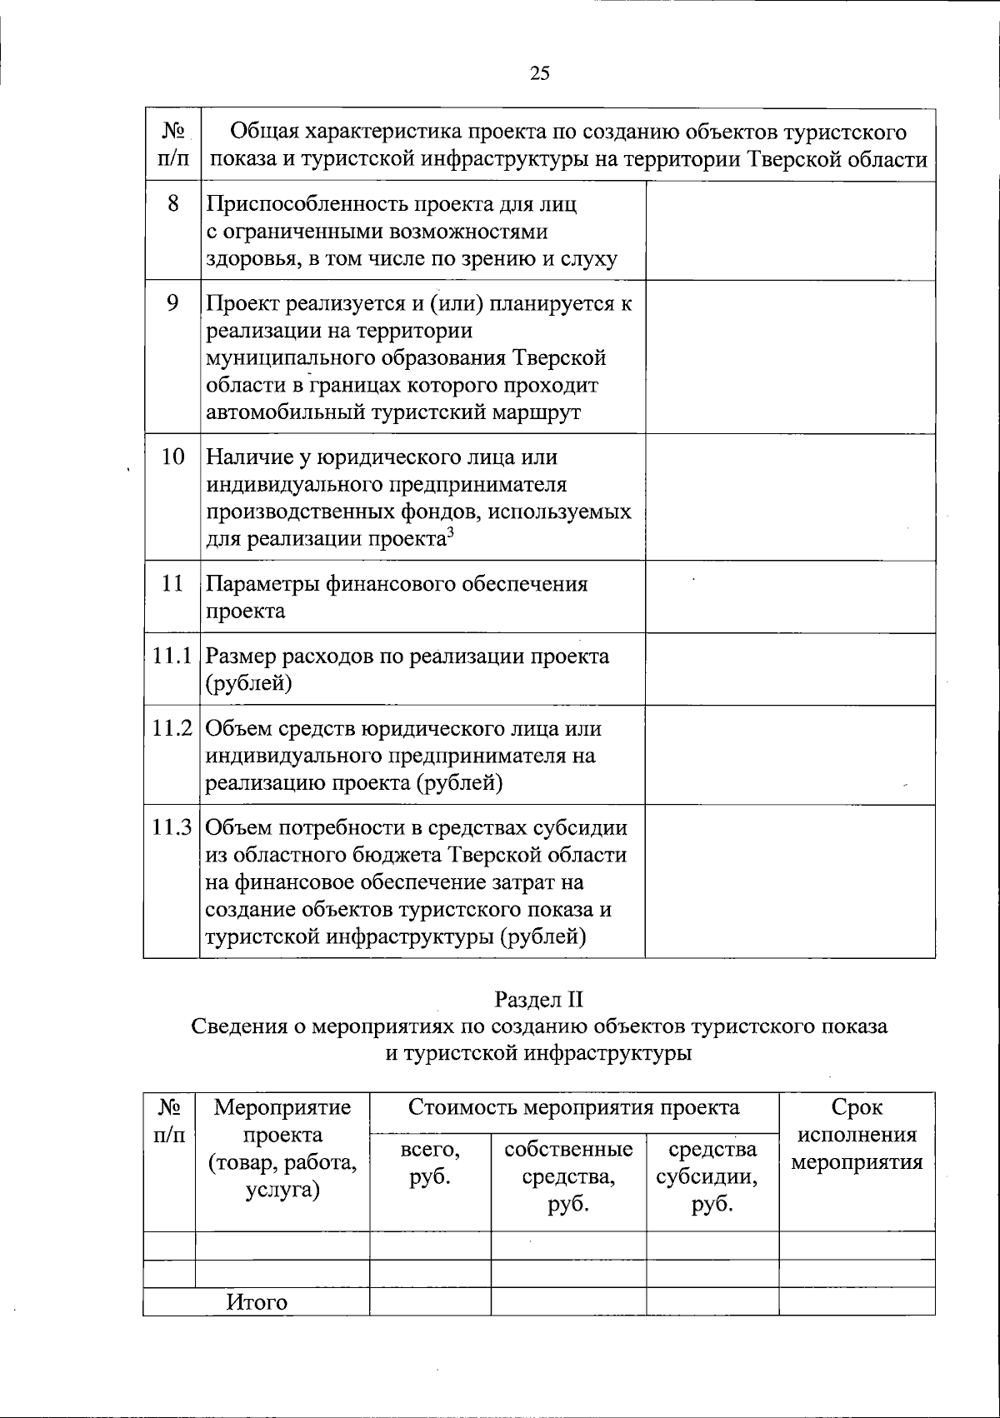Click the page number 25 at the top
(x=539, y=73)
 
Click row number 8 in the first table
(x=172, y=203)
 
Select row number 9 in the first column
(x=172, y=302)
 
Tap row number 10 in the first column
(x=172, y=457)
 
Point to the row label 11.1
(x=172, y=656)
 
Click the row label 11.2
(x=172, y=728)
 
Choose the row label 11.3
(x=172, y=827)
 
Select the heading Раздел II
(x=539, y=998)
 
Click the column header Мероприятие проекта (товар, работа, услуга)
(x=282, y=1148)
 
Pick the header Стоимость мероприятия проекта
(x=573, y=1107)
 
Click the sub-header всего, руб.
(x=430, y=1163)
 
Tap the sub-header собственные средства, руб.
(x=568, y=1176)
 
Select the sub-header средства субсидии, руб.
(x=712, y=1176)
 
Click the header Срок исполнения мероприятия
(x=856, y=1135)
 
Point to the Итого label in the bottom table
(x=257, y=1302)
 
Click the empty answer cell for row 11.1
(x=789, y=669)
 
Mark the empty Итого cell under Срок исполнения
(x=856, y=1302)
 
